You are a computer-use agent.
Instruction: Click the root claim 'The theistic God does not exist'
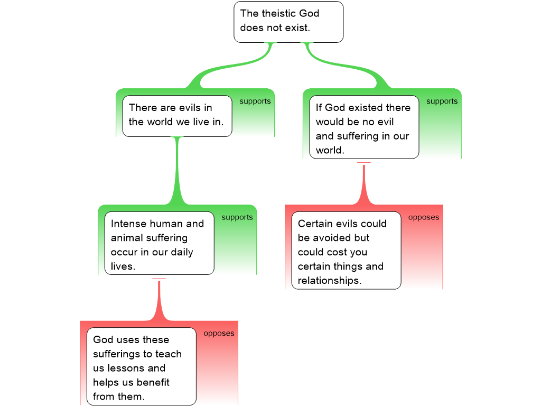click(288, 21)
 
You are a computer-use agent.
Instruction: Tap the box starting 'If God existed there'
click(363, 127)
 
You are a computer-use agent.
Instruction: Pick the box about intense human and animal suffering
click(159, 243)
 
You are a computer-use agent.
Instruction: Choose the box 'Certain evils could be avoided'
click(346, 251)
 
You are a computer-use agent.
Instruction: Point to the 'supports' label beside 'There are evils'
click(255, 101)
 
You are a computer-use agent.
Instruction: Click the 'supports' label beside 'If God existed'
click(442, 101)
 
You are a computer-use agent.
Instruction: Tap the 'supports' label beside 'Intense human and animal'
click(237, 217)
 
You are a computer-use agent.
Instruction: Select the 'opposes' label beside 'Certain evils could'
click(424, 217)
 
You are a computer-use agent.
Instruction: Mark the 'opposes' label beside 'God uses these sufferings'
click(219, 333)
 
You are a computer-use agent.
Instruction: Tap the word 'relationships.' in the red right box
click(330, 281)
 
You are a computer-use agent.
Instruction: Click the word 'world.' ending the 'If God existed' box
click(330, 150)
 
